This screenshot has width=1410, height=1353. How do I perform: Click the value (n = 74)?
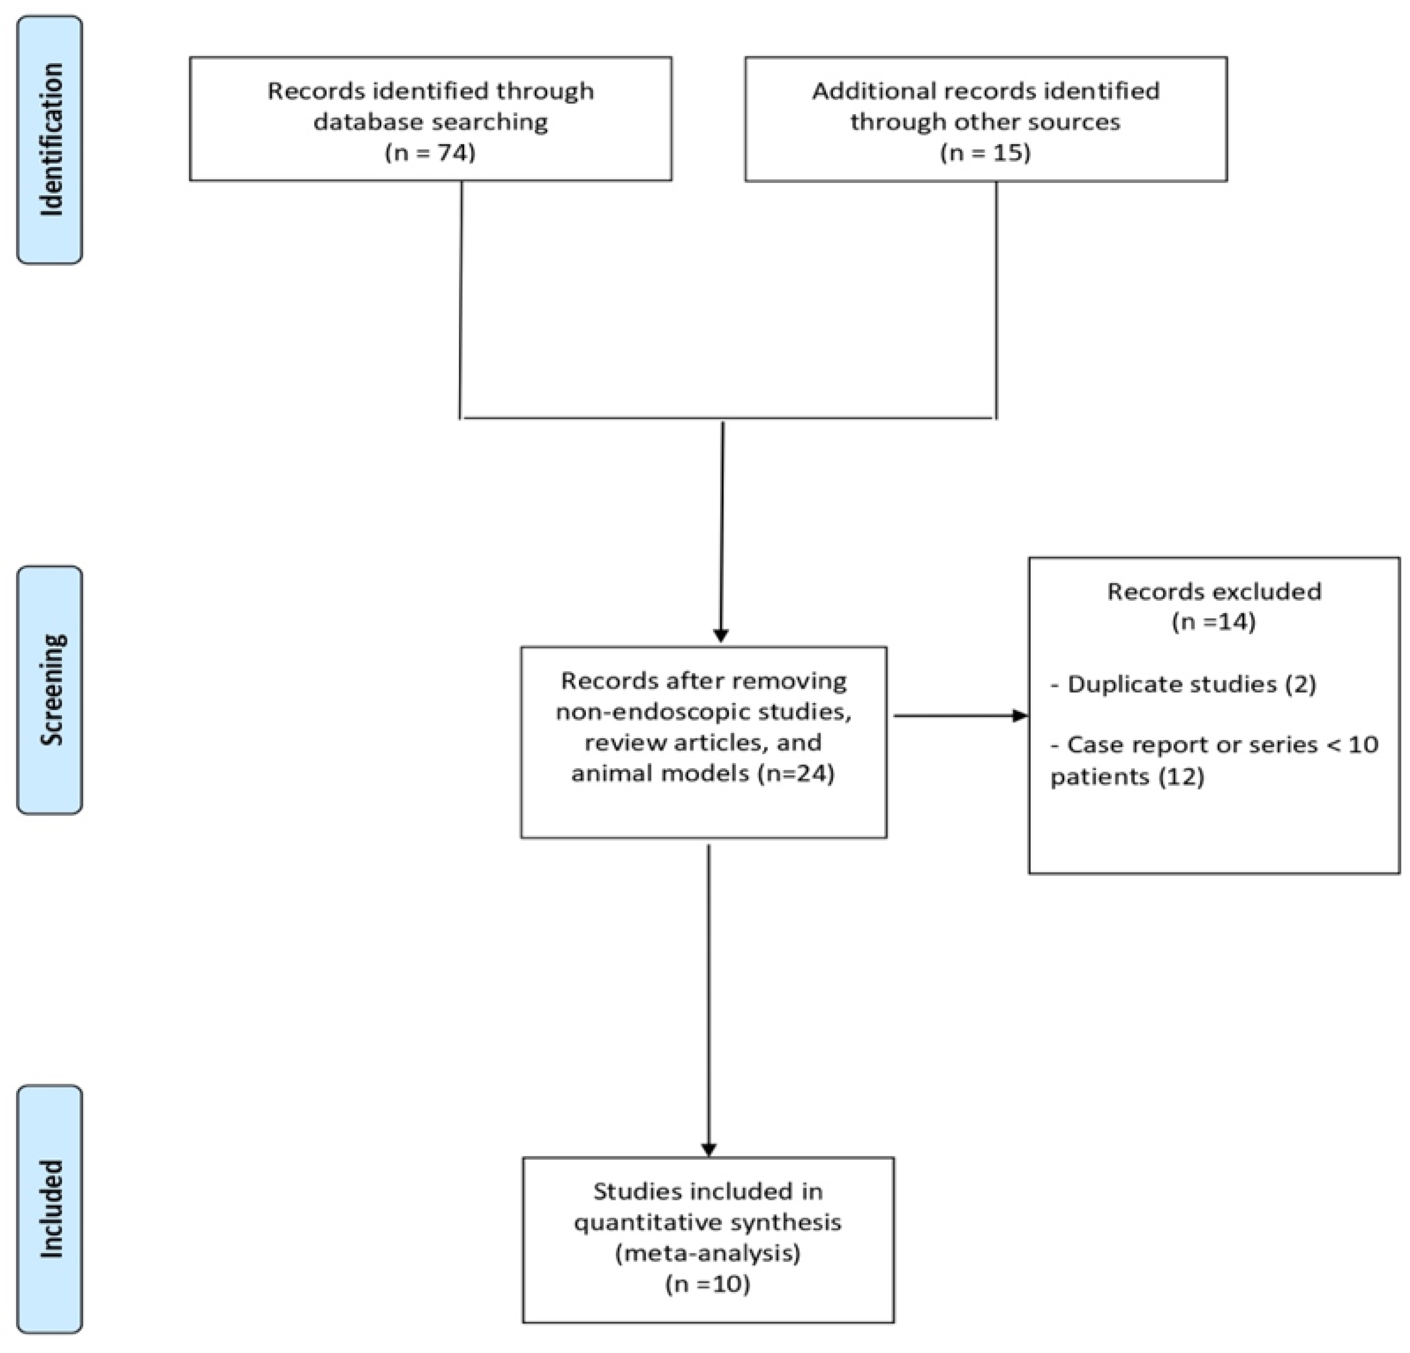click(430, 153)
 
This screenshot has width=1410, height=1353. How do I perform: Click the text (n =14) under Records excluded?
click(1214, 621)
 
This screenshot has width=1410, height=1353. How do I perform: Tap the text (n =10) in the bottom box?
click(708, 1284)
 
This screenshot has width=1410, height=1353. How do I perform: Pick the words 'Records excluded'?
click(1214, 591)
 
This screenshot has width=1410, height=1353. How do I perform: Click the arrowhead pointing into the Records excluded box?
click(1020, 715)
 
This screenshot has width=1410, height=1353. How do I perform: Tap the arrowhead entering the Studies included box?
click(709, 1149)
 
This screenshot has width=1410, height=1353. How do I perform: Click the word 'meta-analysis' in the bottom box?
click(708, 1253)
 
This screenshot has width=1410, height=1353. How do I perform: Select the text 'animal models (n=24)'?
click(703, 774)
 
